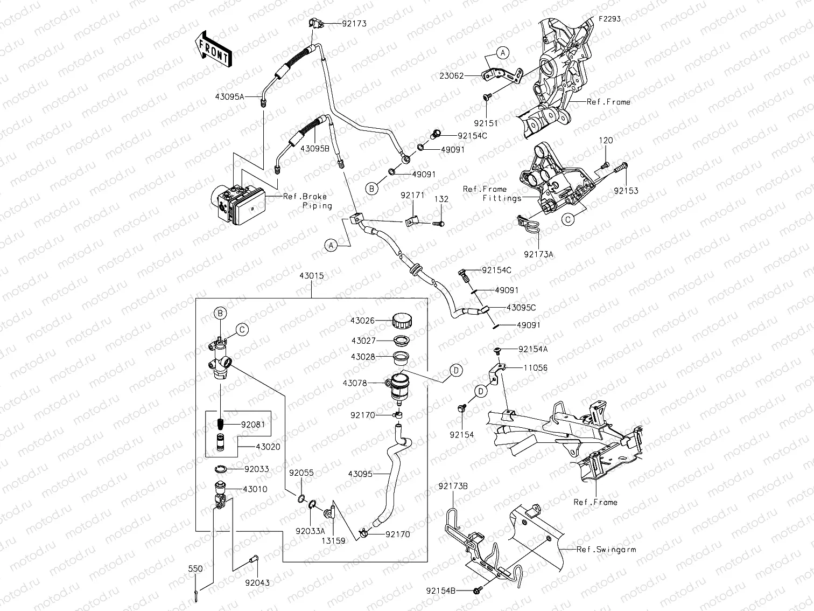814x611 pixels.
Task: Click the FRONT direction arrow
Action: point(212,49)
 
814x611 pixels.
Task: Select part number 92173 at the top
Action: point(354,24)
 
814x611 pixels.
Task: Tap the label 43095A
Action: point(229,96)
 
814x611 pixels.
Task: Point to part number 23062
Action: point(451,76)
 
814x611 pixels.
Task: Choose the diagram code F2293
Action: point(609,18)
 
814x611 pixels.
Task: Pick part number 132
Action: point(441,199)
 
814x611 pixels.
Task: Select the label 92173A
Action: point(538,254)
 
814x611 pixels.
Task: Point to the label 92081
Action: point(253,424)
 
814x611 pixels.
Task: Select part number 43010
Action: point(255,489)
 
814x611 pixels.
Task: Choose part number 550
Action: point(195,568)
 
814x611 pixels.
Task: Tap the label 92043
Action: point(257,583)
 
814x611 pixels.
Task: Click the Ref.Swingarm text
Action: point(606,550)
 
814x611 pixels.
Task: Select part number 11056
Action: point(536,368)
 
